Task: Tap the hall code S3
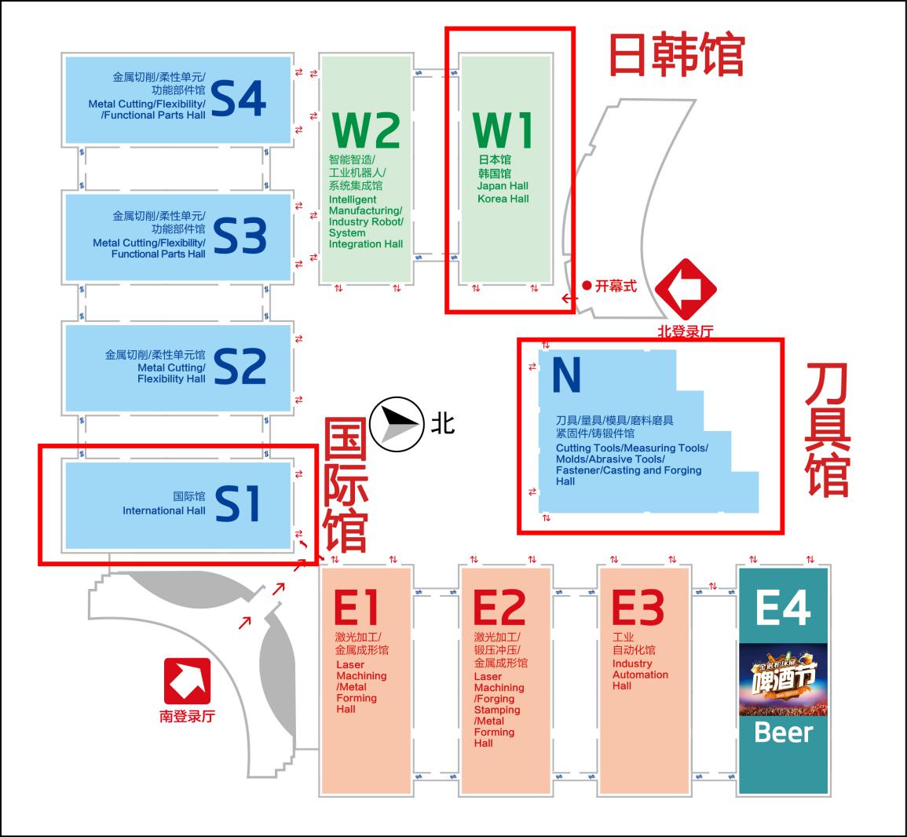(240, 236)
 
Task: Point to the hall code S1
(237, 503)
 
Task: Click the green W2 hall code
(366, 130)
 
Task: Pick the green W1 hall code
(503, 130)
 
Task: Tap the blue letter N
(566, 375)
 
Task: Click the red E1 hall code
(357, 607)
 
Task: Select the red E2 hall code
(499, 607)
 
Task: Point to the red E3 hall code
(638, 607)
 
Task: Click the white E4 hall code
(783, 607)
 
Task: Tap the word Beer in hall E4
(783, 732)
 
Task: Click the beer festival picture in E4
(783, 679)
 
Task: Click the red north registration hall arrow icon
(686, 288)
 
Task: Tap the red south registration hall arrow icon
(187, 681)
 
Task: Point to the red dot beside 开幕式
(587, 286)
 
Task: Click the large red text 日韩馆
(676, 55)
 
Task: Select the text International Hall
(163, 510)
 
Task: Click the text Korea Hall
(503, 199)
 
